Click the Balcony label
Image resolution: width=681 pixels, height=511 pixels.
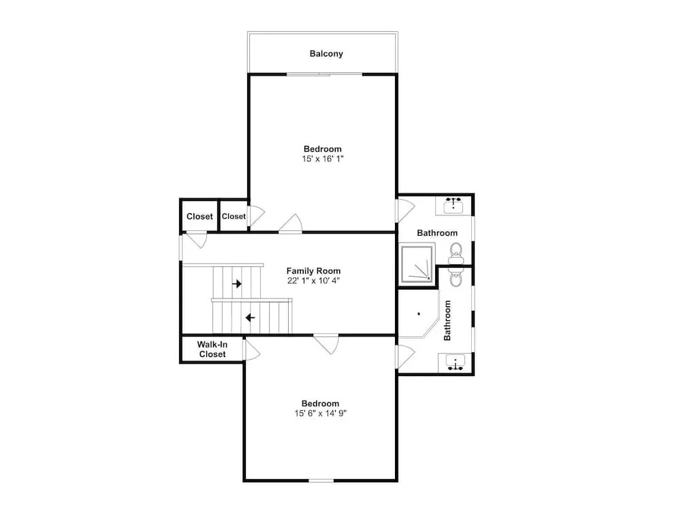point(326,54)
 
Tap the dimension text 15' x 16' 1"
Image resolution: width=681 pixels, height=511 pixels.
point(323,159)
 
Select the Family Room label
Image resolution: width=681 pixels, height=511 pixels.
point(313,271)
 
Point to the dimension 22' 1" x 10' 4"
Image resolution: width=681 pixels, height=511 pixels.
point(313,281)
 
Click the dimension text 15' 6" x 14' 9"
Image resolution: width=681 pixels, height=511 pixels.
point(321,414)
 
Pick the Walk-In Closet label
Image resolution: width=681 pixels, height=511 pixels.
point(212,350)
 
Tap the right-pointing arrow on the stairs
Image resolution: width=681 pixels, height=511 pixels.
point(237,283)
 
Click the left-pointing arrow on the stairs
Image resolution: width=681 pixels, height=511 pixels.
point(250,318)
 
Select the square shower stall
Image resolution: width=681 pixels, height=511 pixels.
point(417,264)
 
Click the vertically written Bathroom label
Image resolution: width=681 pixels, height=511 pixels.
point(447,320)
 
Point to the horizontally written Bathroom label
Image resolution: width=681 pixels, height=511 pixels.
point(437,233)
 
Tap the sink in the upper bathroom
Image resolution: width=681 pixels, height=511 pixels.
point(454,205)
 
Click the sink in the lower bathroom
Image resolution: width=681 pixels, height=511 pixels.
point(455,362)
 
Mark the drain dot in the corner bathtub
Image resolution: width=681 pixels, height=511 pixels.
point(419,313)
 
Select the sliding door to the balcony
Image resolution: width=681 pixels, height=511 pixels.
point(324,74)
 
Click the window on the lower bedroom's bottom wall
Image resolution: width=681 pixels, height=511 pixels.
point(321,480)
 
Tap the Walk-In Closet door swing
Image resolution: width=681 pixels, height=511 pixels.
point(252,349)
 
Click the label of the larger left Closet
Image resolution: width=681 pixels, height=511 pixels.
point(200,217)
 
